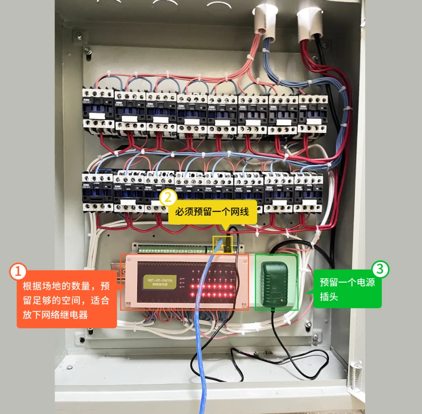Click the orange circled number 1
(x=18, y=272)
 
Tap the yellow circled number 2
(x=168, y=198)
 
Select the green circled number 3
(x=381, y=269)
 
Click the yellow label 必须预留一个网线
(x=212, y=212)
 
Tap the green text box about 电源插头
(x=347, y=289)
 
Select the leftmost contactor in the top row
(x=98, y=108)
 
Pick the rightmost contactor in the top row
(x=313, y=113)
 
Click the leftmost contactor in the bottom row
(x=97, y=191)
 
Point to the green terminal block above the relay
(x=172, y=249)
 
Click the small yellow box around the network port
(x=222, y=244)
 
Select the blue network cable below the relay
(x=204, y=352)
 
